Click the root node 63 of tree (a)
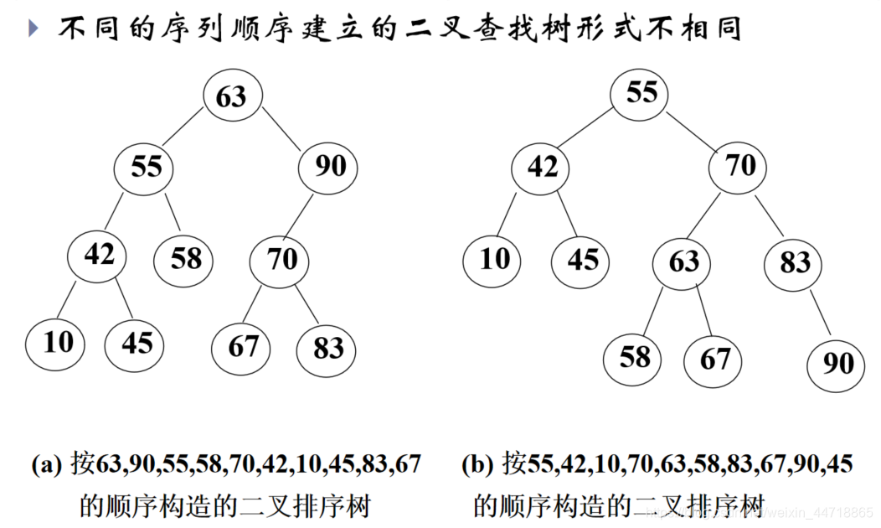(233, 96)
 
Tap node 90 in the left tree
(328, 167)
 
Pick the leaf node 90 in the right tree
(837, 363)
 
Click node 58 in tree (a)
(184, 258)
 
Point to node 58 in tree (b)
(634, 358)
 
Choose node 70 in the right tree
(739, 167)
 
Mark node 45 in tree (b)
(581, 259)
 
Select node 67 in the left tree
(242, 346)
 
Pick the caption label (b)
(477, 463)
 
